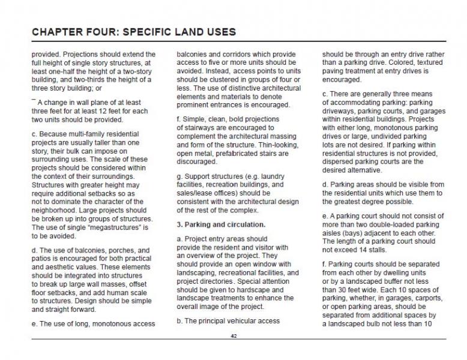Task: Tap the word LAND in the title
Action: pyautogui.click(x=187, y=31)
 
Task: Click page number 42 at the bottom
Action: pyautogui.click(x=233, y=336)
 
